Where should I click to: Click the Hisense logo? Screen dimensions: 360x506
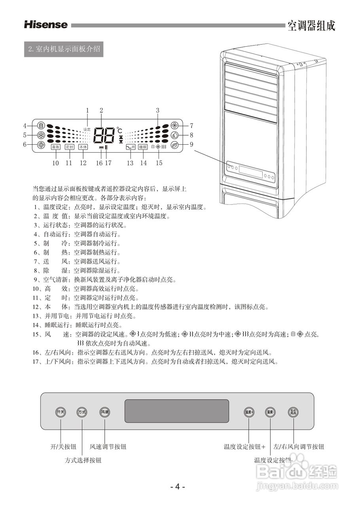click(45, 25)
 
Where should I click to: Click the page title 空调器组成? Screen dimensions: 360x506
click(311, 26)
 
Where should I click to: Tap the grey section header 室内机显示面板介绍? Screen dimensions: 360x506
click(64, 50)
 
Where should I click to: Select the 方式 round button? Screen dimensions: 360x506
click(82, 412)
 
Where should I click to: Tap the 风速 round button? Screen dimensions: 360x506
click(105, 412)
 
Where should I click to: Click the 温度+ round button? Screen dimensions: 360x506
click(249, 412)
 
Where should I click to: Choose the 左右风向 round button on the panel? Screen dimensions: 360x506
click(293, 412)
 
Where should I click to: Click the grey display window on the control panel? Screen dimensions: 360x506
click(177, 411)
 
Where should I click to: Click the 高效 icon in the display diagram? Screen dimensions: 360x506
click(55, 147)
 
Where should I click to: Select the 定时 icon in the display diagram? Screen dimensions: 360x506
click(69, 147)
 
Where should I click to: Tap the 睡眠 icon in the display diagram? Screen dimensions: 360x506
click(143, 147)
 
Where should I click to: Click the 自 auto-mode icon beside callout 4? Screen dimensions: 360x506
click(41, 126)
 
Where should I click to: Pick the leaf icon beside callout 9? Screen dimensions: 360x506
click(174, 144)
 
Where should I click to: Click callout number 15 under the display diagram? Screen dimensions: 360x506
click(159, 162)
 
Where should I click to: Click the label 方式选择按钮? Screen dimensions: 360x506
click(83, 460)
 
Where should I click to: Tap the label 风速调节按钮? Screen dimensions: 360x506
click(108, 447)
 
